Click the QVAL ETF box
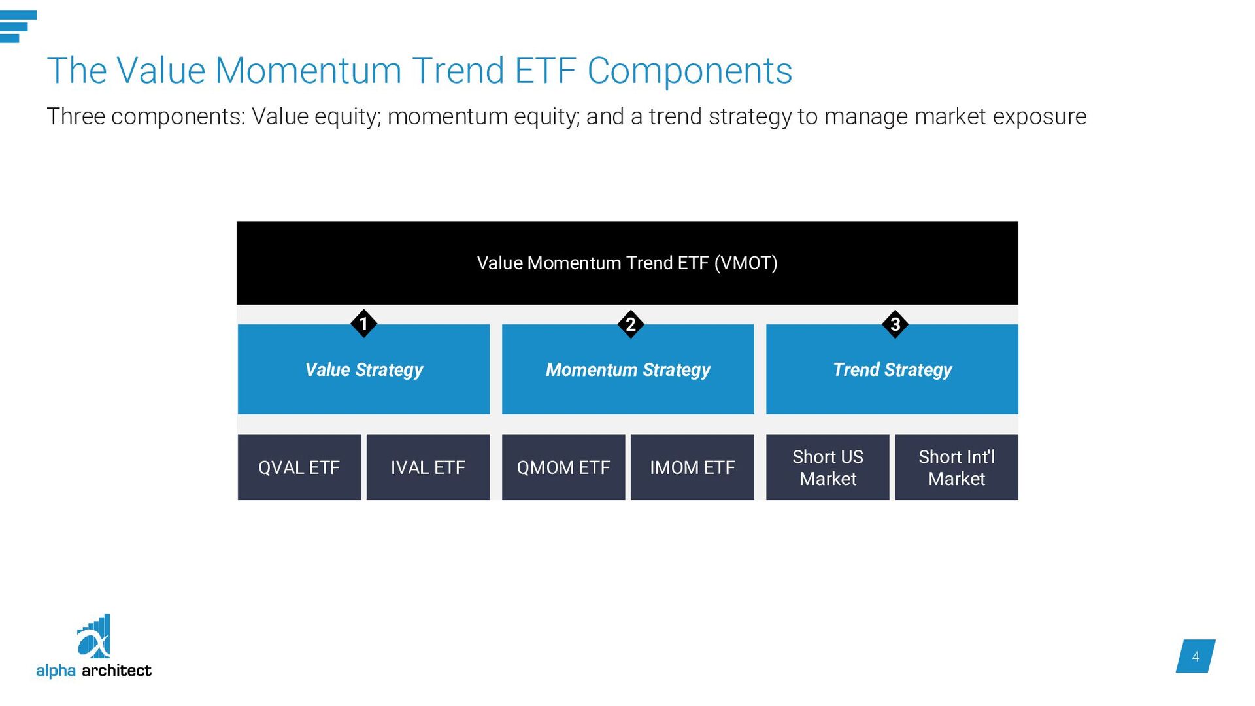click(x=299, y=467)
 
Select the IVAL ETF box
click(x=428, y=467)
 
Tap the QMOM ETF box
click(x=563, y=467)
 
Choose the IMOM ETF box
click(x=692, y=467)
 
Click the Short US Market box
click(x=828, y=467)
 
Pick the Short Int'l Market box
click(x=956, y=467)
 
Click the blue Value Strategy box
click(x=363, y=369)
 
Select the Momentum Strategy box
click(x=627, y=369)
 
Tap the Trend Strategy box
click(x=892, y=369)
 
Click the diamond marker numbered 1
click(x=363, y=324)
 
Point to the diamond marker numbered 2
click(x=631, y=324)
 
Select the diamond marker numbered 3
click(x=895, y=324)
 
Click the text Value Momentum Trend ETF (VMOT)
click(x=627, y=263)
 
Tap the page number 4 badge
click(x=1196, y=656)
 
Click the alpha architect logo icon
click(x=94, y=636)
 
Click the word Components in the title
click(x=690, y=71)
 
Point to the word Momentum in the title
click(x=308, y=71)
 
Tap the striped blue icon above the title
click(x=18, y=27)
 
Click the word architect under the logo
click(x=117, y=671)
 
